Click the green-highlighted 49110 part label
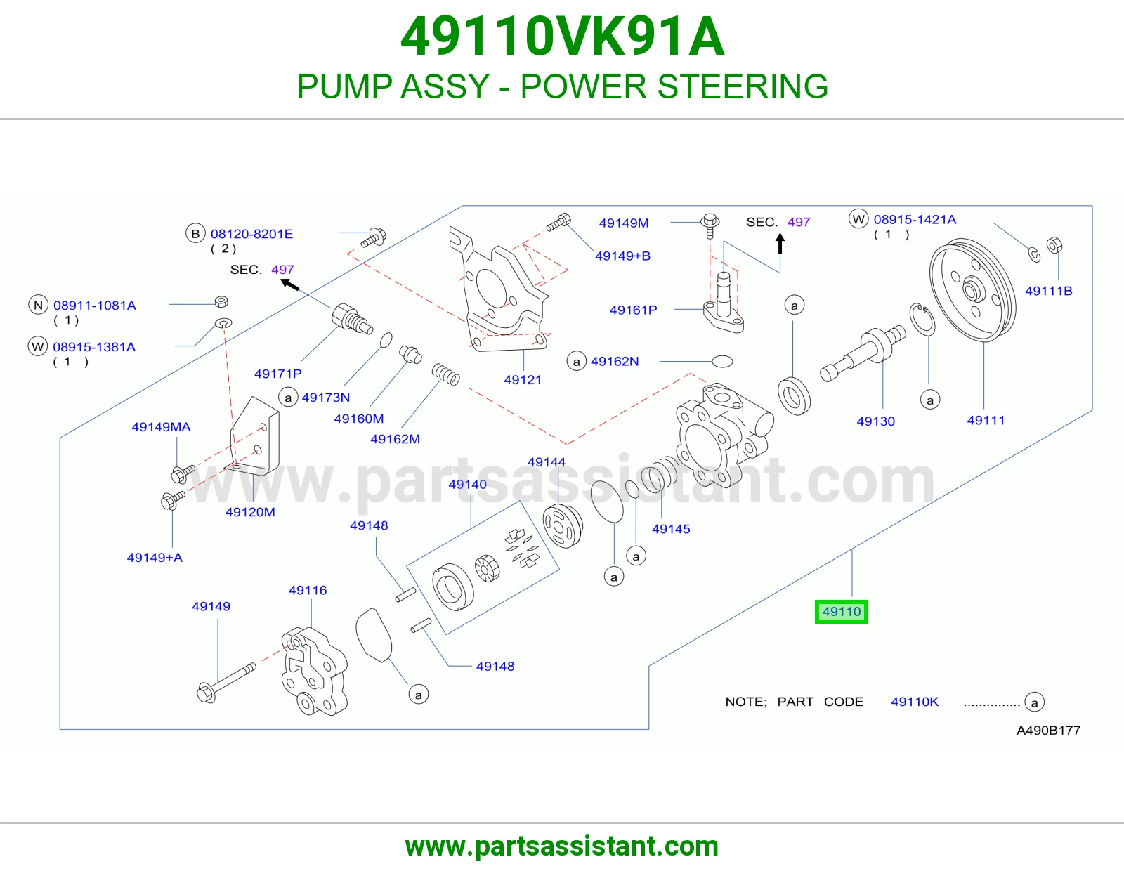point(842,612)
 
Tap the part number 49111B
point(1048,292)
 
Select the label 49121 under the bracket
point(523,380)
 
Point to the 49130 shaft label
point(876,421)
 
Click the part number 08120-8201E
point(252,235)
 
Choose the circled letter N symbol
point(38,305)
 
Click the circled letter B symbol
point(195,234)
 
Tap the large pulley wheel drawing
point(972,290)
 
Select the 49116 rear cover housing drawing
point(315,672)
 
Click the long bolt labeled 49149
point(227,683)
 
